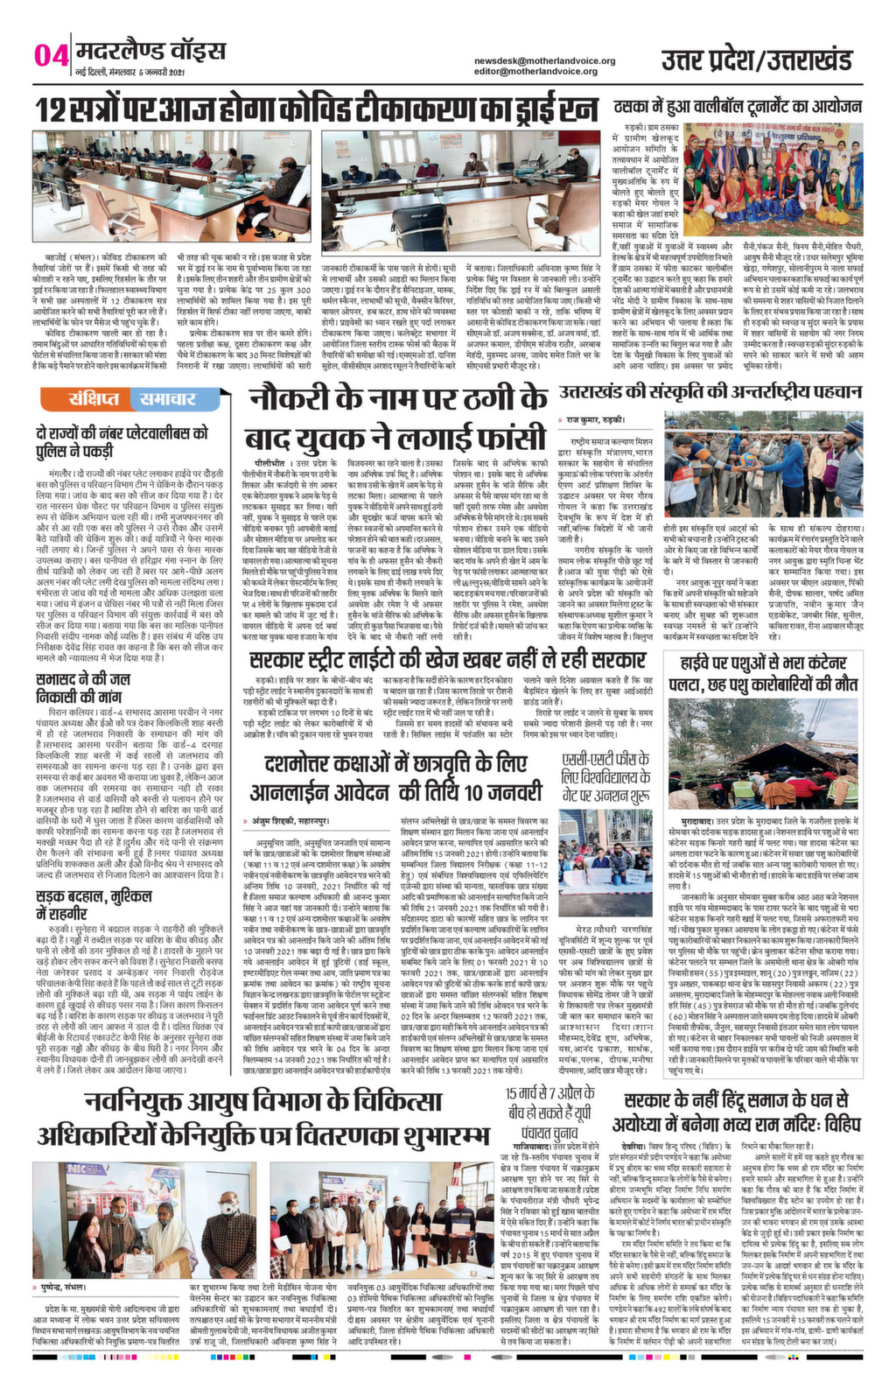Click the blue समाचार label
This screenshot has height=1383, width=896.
(x=167, y=399)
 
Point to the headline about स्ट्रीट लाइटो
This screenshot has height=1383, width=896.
(x=446, y=660)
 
